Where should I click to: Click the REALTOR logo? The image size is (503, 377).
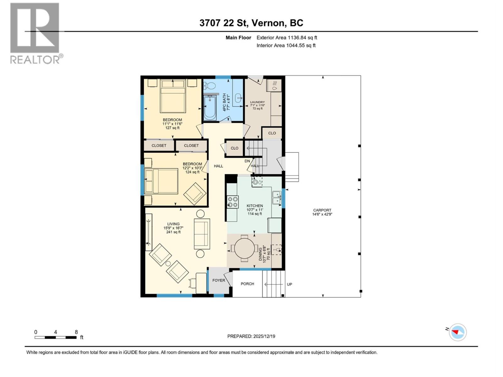pos(35,33)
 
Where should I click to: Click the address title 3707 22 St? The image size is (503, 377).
pos(251,23)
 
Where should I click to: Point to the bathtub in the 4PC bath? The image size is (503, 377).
pos(210,108)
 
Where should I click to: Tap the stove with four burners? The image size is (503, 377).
pos(233,202)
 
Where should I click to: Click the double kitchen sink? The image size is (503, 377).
pos(277,198)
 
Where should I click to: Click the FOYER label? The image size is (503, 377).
pos(219,280)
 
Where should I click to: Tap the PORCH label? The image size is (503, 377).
pos(247,284)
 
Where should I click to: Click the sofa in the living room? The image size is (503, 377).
pos(202,234)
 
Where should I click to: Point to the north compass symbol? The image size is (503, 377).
pos(457,332)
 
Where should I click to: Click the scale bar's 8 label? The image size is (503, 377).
pos(76,332)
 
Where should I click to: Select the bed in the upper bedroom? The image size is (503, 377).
pos(173,96)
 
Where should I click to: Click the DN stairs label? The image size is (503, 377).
pos(247,161)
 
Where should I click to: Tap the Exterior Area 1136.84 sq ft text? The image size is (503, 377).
pos(287,38)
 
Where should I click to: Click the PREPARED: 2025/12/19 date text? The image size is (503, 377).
pos(251,336)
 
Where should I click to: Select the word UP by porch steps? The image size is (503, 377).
pos(290,284)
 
